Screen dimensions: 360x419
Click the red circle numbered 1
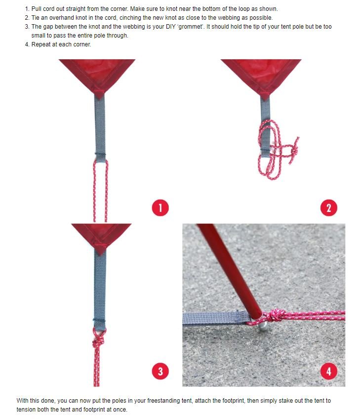pos(160,208)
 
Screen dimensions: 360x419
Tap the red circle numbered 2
pos(329,208)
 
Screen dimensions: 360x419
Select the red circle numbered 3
pos(160,371)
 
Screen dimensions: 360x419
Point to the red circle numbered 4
pos(329,371)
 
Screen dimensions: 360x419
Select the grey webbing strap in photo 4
pos(217,318)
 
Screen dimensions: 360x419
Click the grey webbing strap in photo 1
pos(100,129)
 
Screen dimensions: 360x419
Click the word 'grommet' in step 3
pos(190,27)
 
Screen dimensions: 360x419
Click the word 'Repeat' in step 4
pos(40,44)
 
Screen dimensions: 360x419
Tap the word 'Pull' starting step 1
pos(37,9)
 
